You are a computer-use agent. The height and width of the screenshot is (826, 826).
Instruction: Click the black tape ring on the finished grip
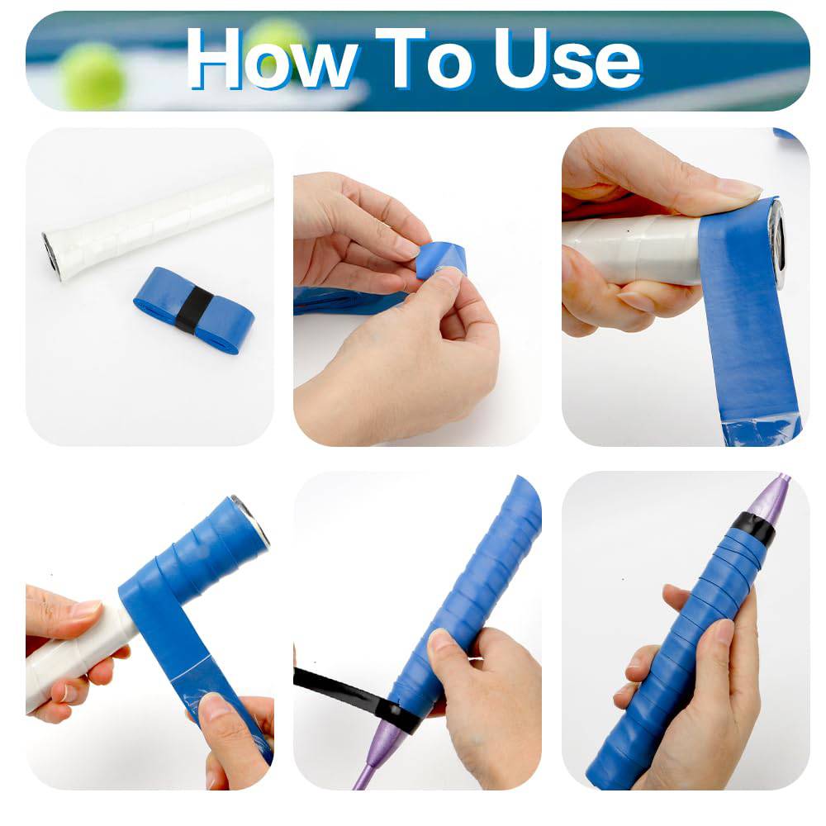[753, 527]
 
